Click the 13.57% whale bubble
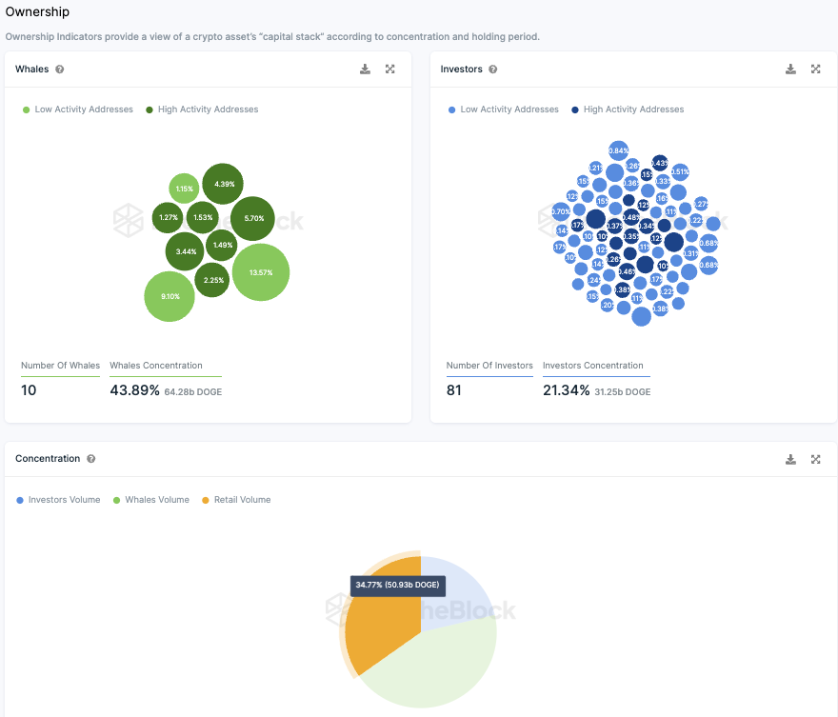tap(260, 272)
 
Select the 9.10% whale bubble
tap(170, 296)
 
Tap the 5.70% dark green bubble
tap(253, 218)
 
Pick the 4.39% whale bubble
tap(223, 184)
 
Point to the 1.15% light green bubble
tap(184, 189)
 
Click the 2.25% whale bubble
tap(213, 280)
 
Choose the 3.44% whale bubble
tap(186, 251)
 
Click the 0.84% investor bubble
tap(618, 150)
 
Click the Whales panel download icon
tap(365, 70)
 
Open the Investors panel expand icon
tap(816, 70)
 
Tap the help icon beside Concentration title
tap(91, 459)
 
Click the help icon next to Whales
tap(60, 70)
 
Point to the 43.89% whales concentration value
tap(134, 390)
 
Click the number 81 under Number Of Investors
tap(454, 390)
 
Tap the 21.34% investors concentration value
tap(566, 390)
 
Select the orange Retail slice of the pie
tap(381, 628)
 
